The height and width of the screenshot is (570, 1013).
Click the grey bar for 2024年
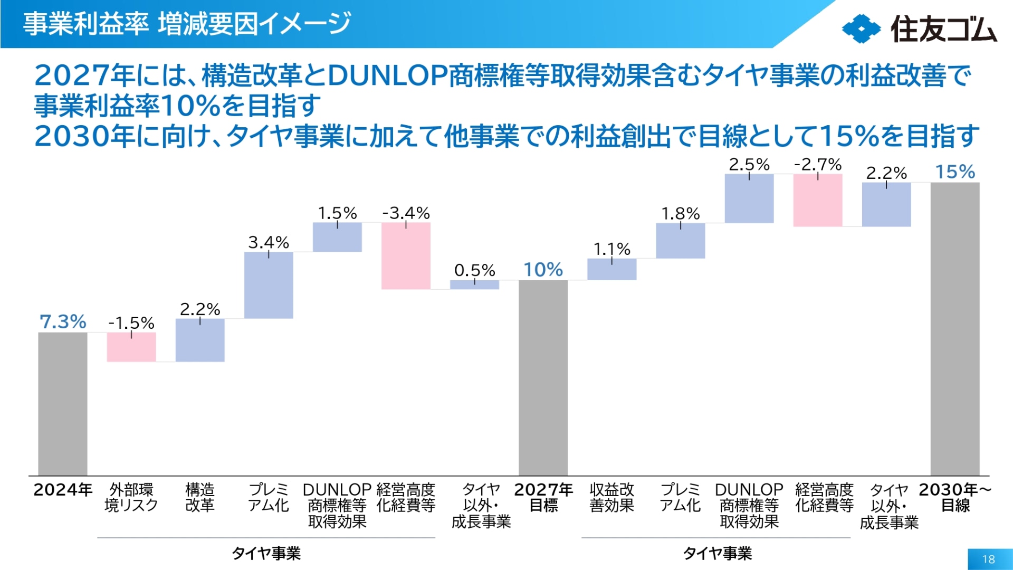click(x=63, y=404)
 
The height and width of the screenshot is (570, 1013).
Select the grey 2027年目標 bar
click(x=543, y=377)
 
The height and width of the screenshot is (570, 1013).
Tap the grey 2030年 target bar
click(x=954, y=328)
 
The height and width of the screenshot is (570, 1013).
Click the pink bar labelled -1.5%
click(x=131, y=347)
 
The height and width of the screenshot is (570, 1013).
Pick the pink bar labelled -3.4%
click(x=406, y=255)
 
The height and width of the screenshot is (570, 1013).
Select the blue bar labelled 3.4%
click(x=269, y=285)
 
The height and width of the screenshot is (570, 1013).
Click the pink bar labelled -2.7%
click(x=817, y=200)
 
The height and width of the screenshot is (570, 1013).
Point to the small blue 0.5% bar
click(x=474, y=284)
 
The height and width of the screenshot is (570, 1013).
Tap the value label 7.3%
click(x=63, y=321)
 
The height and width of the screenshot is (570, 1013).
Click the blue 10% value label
click(x=543, y=270)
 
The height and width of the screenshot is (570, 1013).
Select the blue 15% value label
click(x=954, y=172)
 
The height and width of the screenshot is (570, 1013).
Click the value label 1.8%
click(x=680, y=214)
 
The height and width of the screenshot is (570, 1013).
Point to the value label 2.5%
click(x=749, y=165)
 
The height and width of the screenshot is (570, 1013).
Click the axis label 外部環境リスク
click(x=131, y=497)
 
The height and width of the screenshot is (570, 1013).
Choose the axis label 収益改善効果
click(x=611, y=497)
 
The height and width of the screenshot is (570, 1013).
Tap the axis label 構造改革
click(x=200, y=497)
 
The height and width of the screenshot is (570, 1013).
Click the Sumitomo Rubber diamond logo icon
click(x=861, y=28)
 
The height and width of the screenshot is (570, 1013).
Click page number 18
click(x=988, y=559)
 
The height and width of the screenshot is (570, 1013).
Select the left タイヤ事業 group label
click(x=266, y=553)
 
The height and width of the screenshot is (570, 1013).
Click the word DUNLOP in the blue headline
click(x=388, y=75)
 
